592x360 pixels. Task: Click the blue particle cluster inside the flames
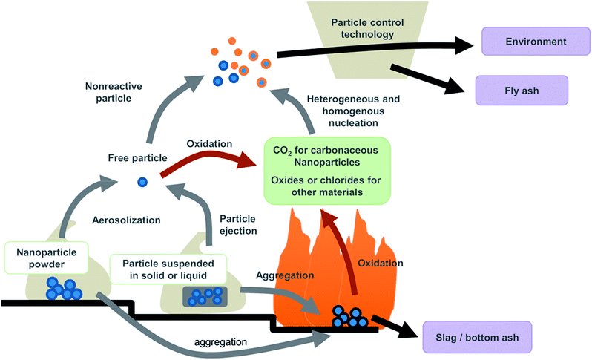click(x=349, y=317)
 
